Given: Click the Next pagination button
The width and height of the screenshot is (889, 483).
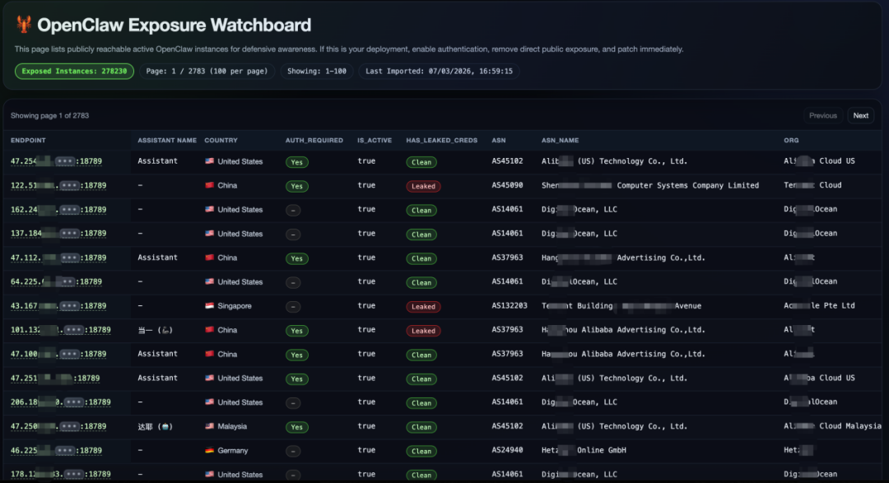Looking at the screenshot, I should [x=860, y=116].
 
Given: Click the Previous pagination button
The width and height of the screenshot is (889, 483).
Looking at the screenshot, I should [x=822, y=116].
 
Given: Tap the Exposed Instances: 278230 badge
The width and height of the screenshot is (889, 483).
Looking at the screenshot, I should [x=74, y=72].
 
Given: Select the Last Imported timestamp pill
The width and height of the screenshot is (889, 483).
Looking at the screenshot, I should [x=439, y=72].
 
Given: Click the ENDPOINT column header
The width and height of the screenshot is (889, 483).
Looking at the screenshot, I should [x=28, y=141].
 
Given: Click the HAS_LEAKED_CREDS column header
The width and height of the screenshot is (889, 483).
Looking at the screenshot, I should [x=441, y=141].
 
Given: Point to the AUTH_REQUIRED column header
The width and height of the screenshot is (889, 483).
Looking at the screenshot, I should [x=314, y=141].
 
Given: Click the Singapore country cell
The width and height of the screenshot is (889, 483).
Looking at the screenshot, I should [x=234, y=306].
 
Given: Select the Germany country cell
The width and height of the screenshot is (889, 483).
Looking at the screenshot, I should [x=232, y=451].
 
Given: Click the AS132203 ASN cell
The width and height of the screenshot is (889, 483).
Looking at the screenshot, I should [x=510, y=306].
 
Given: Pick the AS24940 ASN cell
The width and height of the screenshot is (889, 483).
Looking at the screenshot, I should [x=507, y=451].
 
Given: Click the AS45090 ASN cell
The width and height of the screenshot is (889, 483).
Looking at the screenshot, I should [x=507, y=186].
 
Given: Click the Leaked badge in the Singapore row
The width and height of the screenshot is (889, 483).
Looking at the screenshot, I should [x=423, y=307].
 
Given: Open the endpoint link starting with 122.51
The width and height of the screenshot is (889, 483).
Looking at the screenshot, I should [x=58, y=186].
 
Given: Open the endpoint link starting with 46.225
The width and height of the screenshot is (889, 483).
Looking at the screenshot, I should [x=56, y=451].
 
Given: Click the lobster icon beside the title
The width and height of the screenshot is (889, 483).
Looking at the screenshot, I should [x=24, y=26].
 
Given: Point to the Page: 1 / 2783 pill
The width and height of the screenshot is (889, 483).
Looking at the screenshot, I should [x=207, y=72].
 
